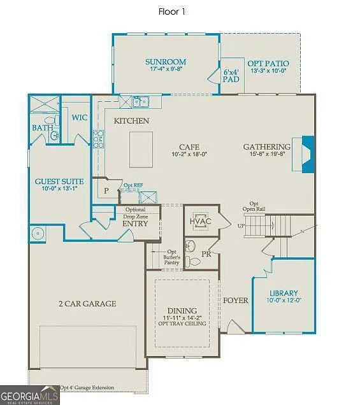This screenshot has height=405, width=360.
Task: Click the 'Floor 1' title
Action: pos(172,11)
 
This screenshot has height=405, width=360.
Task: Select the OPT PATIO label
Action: pos(268,64)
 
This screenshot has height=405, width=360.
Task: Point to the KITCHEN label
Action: pos(131,120)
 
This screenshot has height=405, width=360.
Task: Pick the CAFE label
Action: pos(189,146)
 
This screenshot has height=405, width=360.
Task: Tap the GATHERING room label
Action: pos(266,147)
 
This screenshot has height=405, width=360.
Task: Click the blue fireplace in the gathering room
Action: pos(308,155)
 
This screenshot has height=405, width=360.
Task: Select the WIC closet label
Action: pos(80,118)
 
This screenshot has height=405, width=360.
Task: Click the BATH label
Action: pos(43,128)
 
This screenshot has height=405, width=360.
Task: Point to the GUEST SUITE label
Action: pos(60,181)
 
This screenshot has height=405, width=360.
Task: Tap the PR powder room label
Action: pos(206,253)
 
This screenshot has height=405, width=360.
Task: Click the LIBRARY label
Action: pos(284,294)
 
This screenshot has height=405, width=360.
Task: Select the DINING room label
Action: pos(182,310)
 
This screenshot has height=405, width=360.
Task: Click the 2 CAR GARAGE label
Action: pos(87,304)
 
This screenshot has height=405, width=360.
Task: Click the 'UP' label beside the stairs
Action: pos(241,225)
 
